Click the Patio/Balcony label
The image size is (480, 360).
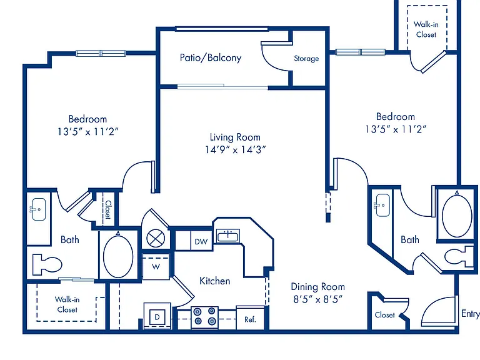[x=211, y=58]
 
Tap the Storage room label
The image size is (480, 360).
[x=306, y=59]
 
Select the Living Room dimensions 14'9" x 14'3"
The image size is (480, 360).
[x=235, y=150]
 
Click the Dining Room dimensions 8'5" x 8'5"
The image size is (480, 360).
[x=317, y=299]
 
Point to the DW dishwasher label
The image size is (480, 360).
[x=201, y=241]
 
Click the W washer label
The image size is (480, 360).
[x=156, y=267]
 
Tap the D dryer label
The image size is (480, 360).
[x=157, y=317]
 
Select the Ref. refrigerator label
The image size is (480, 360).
[x=250, y=319]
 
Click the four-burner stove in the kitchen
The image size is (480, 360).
[x=204, y=316]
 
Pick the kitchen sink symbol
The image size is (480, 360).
[x=228, y=236]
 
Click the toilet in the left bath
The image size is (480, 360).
[x=47, y=264]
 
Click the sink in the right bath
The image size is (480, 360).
[x=382, y=205]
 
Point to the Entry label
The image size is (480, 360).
[x=471, y=314]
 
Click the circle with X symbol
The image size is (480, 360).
[x=156, y=239]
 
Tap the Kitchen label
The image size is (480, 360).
[x=214, y=281]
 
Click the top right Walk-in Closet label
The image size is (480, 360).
[x=426, y=29]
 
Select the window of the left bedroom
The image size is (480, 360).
[x=101, y=54]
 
